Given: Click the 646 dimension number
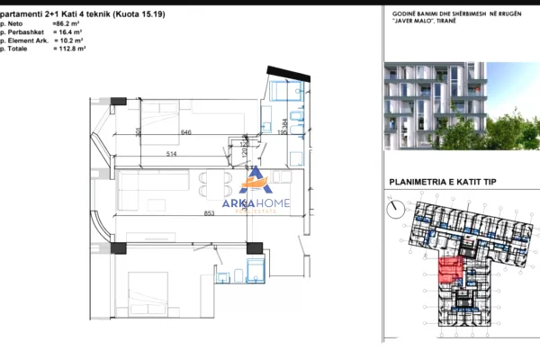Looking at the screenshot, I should pos(186,133).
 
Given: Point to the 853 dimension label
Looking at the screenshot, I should pos(208,213).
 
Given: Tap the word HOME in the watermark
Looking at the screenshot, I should pos(275,204).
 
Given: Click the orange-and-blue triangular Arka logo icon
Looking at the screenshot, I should pos(256,180).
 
